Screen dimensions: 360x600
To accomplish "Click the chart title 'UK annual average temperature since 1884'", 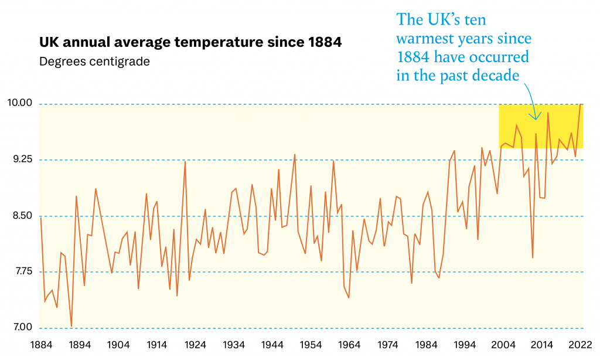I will click(191, 42).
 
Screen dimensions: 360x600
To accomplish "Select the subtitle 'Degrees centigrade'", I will click(94, 61).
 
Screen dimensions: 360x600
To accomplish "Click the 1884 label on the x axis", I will click(40, 344).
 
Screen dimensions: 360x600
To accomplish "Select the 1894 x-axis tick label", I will click(80, 344).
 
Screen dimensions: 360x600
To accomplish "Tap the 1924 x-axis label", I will click(195, 344).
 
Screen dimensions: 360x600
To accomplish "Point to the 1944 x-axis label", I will click(272, 344).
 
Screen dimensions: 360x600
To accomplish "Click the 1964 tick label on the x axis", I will click(350, 344).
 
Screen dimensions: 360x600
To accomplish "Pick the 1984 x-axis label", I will click(427, 344).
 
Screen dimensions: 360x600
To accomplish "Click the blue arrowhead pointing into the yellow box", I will click(536, 117).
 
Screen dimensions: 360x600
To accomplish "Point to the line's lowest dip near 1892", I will click(71, 326).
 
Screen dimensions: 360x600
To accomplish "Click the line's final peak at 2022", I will click(580, 105).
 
